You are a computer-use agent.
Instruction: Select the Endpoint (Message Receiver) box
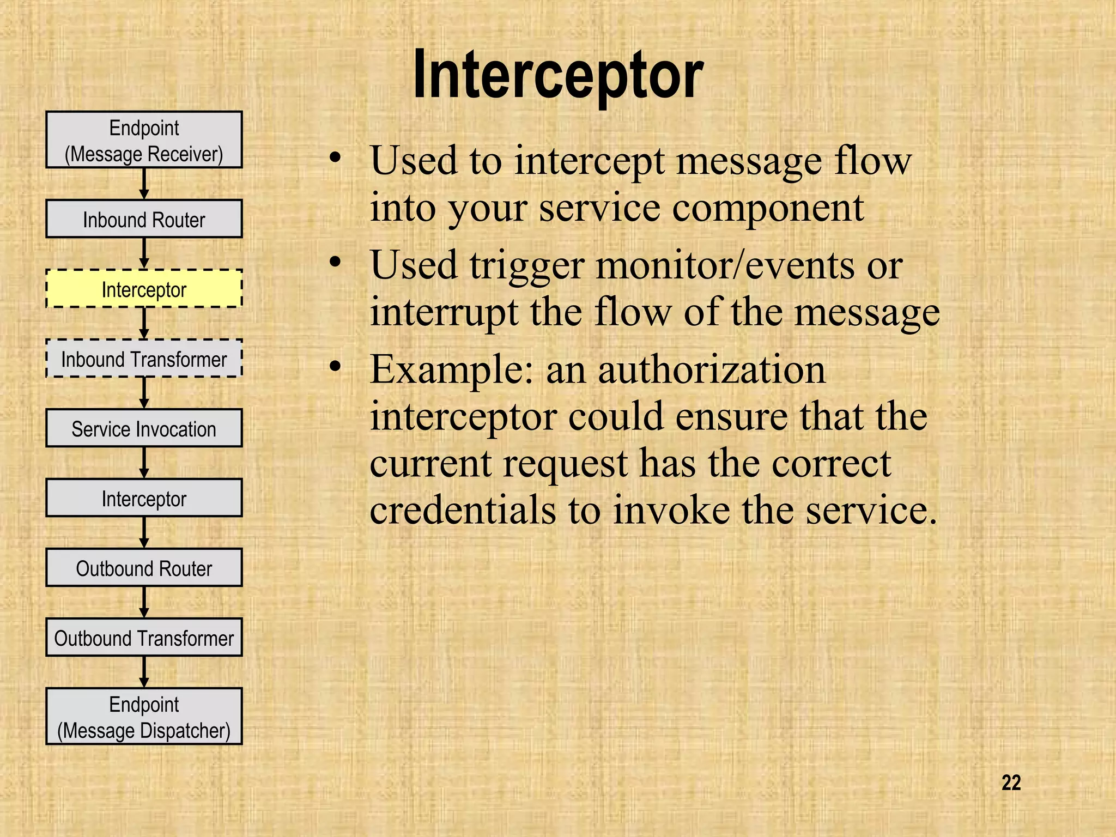point(144,140)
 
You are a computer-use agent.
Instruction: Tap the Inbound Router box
point(144,219)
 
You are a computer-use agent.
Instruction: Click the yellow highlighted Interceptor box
point(144,289)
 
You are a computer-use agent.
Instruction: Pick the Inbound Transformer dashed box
point(144,359)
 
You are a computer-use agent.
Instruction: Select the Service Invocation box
point(144,428)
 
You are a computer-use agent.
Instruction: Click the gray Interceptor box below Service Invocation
point(144,498)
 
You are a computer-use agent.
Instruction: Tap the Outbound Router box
point(144,568)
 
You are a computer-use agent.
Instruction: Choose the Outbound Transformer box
point(144,638)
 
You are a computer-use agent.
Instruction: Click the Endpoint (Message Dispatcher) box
point(144,717)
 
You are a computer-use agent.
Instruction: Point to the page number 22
point(1011,783)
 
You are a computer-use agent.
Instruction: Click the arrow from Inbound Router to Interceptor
point(144,253)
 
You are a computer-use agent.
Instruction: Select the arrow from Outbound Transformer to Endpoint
point(144,671)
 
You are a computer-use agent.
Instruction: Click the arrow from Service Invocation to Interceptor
point(144,462)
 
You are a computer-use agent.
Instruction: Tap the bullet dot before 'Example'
point(335,366)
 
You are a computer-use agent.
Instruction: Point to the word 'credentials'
point(463,510)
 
